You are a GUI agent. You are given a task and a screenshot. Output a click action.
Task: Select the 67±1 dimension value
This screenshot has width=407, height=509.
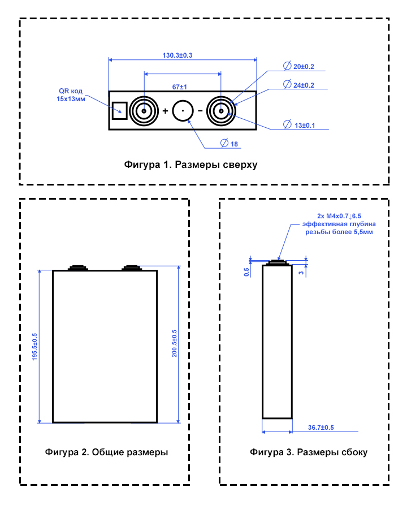(x=180, y=87)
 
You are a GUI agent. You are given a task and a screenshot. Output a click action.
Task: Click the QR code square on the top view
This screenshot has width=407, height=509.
(x=119, y=110)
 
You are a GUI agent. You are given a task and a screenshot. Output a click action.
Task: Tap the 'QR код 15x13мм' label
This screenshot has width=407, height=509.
(x=71, y=94)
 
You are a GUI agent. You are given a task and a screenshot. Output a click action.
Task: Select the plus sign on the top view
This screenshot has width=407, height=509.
(x=165, y=111)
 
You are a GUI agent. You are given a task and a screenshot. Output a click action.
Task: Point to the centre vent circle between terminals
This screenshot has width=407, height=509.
(x=183, y=111)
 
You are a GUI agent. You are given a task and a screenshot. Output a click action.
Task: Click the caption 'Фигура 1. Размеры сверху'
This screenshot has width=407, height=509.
(x=190, y=165)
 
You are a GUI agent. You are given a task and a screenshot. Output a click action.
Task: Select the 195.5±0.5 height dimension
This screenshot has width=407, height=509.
(x=35, y=347)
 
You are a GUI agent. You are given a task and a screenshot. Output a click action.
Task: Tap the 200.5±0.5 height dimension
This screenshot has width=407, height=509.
(x=174, y=343)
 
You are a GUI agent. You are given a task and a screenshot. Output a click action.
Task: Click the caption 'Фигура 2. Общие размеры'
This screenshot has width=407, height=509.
(x=106, y=452)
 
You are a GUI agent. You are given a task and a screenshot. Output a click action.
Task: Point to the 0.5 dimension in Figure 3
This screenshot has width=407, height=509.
(x=246, y=272)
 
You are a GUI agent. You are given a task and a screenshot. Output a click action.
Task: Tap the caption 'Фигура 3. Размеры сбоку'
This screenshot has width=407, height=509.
(x=309, y=452)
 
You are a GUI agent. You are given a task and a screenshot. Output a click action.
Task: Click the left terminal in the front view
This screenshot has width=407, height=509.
(x=77, y=268)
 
